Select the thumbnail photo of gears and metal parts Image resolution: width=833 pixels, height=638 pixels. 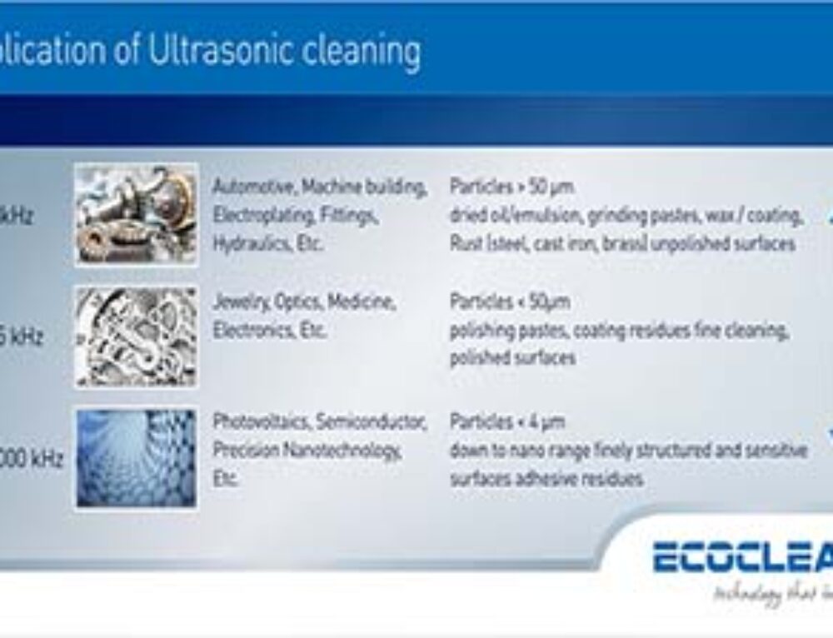pos(137,214)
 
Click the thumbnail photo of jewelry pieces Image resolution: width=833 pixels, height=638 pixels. pos(137,336)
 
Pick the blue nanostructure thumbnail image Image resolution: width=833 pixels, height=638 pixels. pos(137,458)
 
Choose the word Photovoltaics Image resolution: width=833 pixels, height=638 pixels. pos(259,421)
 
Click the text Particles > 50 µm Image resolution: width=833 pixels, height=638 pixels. pos(511,186)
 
